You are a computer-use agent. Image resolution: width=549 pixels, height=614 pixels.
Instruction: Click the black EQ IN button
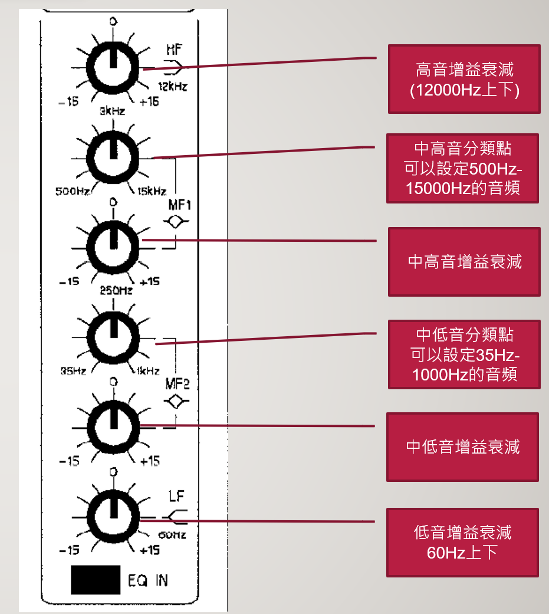[x=96, y=580]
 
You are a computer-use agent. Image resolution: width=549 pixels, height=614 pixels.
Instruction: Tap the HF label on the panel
[x=175, y=50]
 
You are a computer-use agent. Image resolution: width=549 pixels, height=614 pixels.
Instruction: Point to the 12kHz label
[x=173, y=86]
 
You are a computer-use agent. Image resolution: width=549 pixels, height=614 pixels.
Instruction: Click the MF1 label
[x=180, y=205]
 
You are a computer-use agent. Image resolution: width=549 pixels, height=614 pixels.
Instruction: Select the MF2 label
[x=177, y=384]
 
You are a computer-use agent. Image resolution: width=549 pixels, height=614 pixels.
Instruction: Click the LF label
[x=176, y=496]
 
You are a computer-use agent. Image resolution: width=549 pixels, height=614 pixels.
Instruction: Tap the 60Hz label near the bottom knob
[x=172, y=535]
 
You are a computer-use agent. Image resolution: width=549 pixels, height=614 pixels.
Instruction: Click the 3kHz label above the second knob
[x=113, y=111]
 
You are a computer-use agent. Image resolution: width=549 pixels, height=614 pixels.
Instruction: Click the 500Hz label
[x=73, y=191]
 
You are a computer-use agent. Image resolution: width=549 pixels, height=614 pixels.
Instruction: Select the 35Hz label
[x=73, y=370]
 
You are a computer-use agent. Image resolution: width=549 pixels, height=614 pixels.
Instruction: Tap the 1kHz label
[x=148, y=370]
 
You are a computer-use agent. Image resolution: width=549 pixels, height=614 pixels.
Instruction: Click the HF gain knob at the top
[x=113, y=67]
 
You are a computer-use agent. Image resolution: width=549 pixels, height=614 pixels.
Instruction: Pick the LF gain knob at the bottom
[x=114, y=517]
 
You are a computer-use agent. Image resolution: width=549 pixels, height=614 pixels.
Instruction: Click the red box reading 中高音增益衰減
[x=465, y=262]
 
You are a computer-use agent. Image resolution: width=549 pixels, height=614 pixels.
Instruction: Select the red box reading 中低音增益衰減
[x=463, y=447]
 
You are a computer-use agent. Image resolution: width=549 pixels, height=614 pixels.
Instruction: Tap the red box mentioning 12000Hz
[x=465, y=79]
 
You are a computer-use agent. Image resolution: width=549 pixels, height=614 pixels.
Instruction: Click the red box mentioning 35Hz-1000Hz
[x=465, y=354]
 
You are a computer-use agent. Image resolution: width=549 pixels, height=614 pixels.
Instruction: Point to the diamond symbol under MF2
[x=176, y=402]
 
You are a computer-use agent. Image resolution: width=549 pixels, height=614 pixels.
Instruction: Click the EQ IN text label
[x=148, y=580]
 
